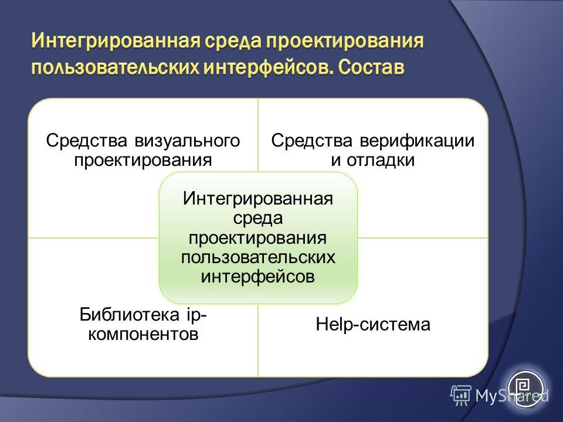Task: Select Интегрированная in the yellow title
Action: (116, 41)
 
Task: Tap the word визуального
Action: (187, 141)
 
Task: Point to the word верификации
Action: (417, 141)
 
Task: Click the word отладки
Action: (381, 159)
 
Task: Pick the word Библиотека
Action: (129, 315)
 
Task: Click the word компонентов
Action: (143, 334)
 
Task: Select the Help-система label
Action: (373, 324)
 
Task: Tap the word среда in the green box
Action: (258, 218)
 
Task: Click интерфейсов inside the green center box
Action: (258, 277)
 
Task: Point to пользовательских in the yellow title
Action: (116, 67)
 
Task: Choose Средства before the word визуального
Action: (87, 141)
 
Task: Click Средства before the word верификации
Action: (311, 141)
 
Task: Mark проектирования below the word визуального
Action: (143, 160)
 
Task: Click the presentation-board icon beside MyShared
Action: (461, 396)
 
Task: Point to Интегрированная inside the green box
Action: (258, 199)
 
